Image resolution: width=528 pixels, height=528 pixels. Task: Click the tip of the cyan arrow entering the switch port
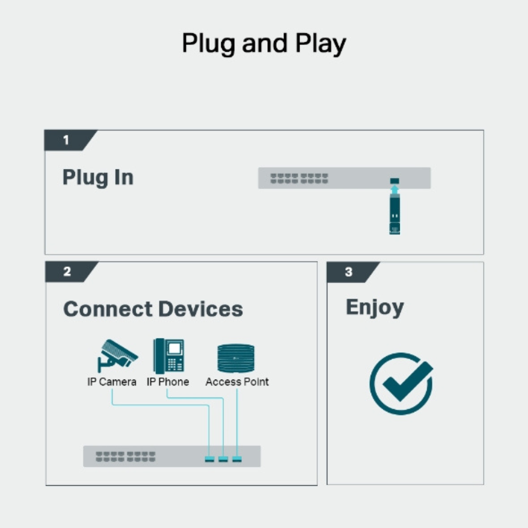(394, 184)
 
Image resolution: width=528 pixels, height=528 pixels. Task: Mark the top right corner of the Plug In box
(484, 130)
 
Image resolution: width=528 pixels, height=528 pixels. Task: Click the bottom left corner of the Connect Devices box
(46, 485)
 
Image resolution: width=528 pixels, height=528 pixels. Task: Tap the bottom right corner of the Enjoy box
(484, 485)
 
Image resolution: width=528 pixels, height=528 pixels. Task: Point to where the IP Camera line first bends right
(112, 405)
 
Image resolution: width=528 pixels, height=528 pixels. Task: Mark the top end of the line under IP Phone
(167, 389)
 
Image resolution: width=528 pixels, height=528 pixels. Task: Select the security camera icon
(117, 355)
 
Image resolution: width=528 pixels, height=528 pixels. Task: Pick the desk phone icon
(169, 355)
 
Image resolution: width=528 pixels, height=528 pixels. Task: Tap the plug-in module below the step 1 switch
(394, 214)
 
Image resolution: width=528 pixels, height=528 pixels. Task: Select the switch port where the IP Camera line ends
(210, 459)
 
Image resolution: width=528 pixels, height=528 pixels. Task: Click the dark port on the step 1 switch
(394, 181)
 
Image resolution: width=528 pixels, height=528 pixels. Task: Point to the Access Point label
(237, 382)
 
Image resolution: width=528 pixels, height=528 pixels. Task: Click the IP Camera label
(112, 382)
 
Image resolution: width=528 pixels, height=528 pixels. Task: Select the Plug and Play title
(264, 44)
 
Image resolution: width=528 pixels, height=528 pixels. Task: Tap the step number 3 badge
(353, 272)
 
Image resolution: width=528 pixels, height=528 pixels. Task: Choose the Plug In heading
(98, 177)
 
